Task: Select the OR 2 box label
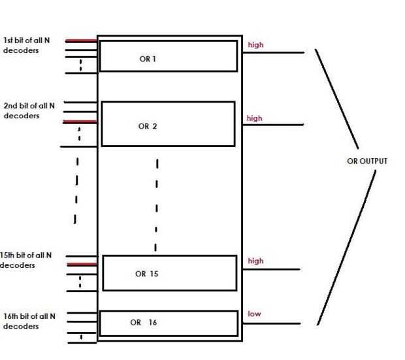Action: (x=148, y=127)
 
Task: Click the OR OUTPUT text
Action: (x=367, y=160)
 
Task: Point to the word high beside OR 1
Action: (x=255, y=45)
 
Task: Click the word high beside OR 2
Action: (x=254, y=118)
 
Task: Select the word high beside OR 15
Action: (x=255, y=261)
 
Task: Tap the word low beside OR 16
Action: (x=253, y=314)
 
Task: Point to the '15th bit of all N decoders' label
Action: (x=26, y=259)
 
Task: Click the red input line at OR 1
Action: (x=82, y=41)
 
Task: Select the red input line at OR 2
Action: (x=79, y=122)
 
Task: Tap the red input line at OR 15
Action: (x=82, y=265)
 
